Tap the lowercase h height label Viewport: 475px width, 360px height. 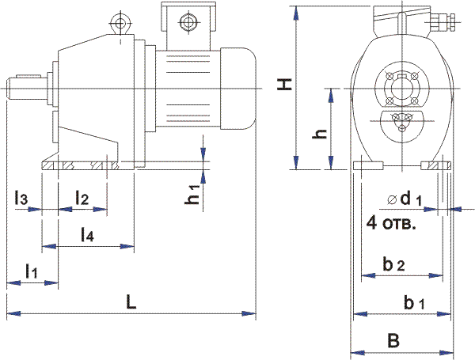[320, 134]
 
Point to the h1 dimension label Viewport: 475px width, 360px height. [192, 195]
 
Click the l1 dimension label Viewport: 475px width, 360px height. [31, 271]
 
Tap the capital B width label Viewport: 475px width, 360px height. [393, 340]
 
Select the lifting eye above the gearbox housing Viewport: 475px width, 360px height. [120, 24]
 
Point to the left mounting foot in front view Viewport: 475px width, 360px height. [369, 166]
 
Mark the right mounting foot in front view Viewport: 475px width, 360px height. [436, 166]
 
